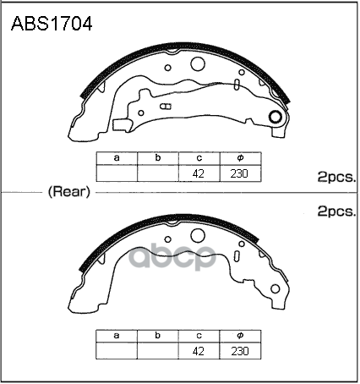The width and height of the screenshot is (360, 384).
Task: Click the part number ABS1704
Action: [x=52, y=24]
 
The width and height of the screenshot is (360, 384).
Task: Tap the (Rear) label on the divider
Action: [x=69, y=192]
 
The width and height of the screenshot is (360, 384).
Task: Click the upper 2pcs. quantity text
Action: [x=336, y=177]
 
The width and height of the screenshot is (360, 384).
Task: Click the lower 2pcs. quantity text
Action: [x=336, y=211]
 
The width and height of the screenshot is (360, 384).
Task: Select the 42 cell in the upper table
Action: [x=199, y=173]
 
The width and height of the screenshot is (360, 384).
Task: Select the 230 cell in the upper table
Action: [x=240, y=173]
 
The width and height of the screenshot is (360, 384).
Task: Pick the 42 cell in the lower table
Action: [x=199, y=351]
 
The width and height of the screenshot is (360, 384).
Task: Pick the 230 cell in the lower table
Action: [x=240, y=351]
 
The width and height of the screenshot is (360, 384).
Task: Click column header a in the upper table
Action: [x=117, y=158]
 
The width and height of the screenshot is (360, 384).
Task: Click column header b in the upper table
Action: [x=158, y=158]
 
